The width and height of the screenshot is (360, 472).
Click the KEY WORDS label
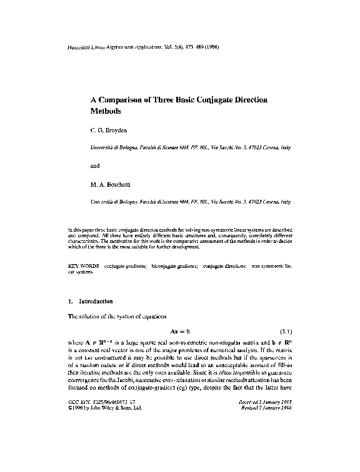(82, 267)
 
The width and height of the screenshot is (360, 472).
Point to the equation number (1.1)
(284, 330)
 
